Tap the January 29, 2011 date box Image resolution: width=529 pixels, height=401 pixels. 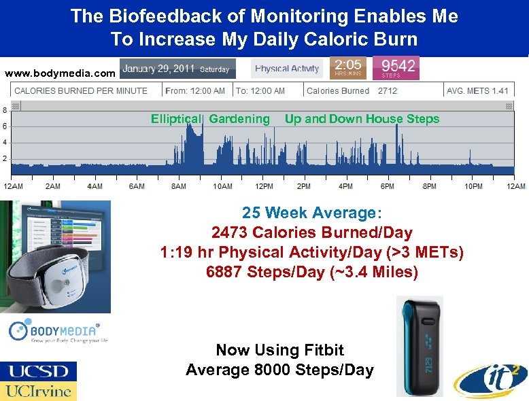(x=177, y=69)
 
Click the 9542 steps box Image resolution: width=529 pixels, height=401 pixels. (x=396, y=68)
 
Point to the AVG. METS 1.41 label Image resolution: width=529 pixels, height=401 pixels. (x=477, y=90)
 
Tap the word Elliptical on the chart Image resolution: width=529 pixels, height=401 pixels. (x=176, y=119)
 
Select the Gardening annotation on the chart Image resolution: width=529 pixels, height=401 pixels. (x=239, y=119)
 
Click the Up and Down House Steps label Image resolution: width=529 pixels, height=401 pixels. (x=362, y=119)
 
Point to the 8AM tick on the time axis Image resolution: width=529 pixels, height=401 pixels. (x=180, y=186)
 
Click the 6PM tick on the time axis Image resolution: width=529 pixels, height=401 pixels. (x=388, y=186)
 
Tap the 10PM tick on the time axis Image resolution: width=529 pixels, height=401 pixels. (x=473, y=186)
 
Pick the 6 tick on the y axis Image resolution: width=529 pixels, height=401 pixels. (x=5, y=126)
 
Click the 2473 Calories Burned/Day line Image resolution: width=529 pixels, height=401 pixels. (x=312, y=233)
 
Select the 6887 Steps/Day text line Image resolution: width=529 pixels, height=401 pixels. (x=312, y=272)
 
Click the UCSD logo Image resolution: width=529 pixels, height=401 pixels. (x=38, y=371)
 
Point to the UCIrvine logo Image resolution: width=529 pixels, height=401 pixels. (x=38, y=391)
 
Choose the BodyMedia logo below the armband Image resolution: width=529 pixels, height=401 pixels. (x=57, y=332)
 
